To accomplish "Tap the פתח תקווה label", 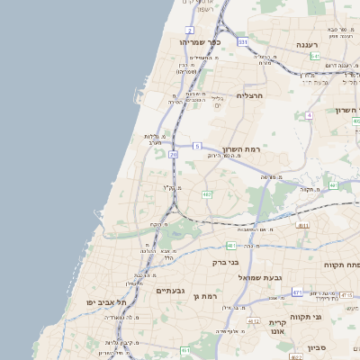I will pos(346,265).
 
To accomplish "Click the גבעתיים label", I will pos(170,291).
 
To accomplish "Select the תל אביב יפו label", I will pos(107,303).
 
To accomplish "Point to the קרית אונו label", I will pos(276,326).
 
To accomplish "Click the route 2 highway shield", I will pos(191,30).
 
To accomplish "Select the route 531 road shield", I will pos(242,41).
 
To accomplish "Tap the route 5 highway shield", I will pos(196,145).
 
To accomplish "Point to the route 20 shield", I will pos(173,155).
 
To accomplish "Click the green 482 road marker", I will pos(207,193).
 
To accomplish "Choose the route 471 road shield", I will pos(297,292).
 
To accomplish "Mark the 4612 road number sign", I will pos(254,320).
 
